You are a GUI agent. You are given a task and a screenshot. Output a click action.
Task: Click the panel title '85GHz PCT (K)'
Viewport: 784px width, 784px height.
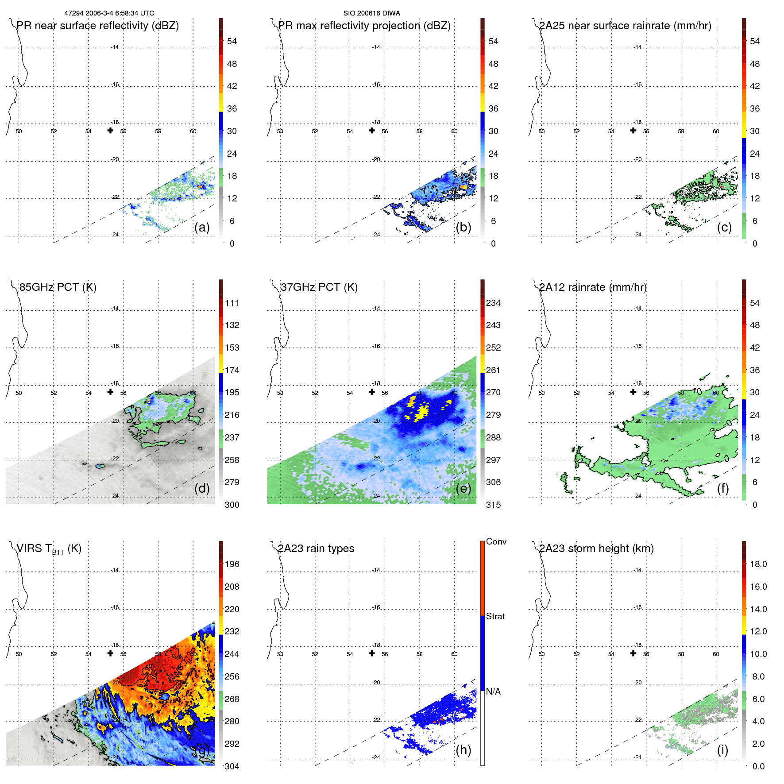(x=58, y=287)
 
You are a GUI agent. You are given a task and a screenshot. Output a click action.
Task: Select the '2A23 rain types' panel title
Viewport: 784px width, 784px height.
(x=316, y=548)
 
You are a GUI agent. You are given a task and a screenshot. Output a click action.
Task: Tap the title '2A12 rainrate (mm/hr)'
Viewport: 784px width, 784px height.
(x=593, y=287)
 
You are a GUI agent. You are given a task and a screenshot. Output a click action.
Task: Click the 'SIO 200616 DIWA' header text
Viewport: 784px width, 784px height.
(x=371, y=13)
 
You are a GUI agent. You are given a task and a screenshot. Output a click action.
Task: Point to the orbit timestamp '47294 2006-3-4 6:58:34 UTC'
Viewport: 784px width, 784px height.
(x=109, y=13)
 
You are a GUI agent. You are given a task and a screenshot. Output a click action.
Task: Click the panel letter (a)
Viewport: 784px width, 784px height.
(x=202, y=227)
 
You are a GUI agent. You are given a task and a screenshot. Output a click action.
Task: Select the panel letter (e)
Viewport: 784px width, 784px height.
(x=463, y=488)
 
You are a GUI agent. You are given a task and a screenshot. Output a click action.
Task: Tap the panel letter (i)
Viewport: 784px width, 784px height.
(x=722, y=750)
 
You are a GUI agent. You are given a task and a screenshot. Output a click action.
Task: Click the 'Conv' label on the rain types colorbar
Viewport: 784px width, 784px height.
(x=496, y=541)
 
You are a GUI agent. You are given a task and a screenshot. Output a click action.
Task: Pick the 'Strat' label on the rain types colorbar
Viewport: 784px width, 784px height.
(x=495, y=616)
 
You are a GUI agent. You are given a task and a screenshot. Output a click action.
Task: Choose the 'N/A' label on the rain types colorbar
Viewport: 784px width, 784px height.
(x=493, y=691)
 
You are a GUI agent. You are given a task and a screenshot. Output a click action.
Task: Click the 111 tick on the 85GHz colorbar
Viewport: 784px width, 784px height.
(x=232, y=303)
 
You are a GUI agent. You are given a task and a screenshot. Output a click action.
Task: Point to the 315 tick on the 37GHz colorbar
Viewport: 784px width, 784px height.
(x=493, y=505)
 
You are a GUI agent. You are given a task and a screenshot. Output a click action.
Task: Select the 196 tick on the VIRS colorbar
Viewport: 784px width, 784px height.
(x=232, y=564)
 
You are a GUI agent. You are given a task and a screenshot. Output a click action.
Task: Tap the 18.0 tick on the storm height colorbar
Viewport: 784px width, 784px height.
(x=758, y=564)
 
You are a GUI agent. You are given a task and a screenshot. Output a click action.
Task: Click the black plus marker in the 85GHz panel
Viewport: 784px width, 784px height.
(x=110, y=392)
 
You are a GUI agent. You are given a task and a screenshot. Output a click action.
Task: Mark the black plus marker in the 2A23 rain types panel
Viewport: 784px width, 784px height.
(x=372, y=653)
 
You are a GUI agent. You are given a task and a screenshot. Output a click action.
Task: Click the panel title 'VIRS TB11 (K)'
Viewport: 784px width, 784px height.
(x=49, y=549)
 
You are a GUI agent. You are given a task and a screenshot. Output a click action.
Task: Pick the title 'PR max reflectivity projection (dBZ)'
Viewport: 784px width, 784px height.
(x=364, y=26)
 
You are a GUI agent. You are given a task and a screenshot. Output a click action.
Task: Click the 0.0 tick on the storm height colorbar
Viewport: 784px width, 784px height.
(x=758, y=766)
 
